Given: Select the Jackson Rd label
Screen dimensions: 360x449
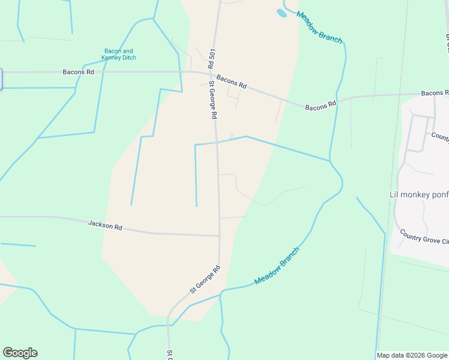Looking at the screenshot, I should pyautogui.click(x=105, y=226).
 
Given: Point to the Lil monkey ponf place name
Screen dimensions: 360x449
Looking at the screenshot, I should pyautogui.click(x=418, y=194).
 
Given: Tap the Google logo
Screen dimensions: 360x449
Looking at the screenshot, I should pyautogui.click(x=20, y=353).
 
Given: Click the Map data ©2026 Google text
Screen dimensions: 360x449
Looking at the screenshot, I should pyautogui.click(x=412, y=355).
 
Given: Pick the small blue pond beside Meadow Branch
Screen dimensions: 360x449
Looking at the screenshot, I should pyautogui.click(x=281, y=13).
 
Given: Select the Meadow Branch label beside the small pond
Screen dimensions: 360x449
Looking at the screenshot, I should pyautogui.click(x=319, y=28).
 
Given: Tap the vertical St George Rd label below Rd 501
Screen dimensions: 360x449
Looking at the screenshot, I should pyautogui.click(x=212, y=100).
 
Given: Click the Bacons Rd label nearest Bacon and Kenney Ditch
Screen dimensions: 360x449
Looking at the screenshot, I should pyautogui.click(x=79, y=72).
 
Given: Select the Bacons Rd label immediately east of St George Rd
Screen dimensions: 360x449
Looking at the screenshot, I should pyautogui.click(x=232, y=82).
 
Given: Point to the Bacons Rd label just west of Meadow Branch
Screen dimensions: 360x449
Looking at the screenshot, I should pyautogui.click(x=321, y=106).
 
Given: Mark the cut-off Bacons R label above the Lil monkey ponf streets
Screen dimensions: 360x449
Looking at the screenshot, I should pyautogui.click(x=435, y=93).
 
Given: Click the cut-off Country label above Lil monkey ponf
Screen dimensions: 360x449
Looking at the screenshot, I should pyautogui.click(x=439, y=137).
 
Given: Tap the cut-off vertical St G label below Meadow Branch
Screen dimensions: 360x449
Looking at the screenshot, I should pyautogui.click(x=170, y=354).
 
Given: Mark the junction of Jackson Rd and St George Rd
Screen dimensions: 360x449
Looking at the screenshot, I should pyautogui.click(x=218, y=236).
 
